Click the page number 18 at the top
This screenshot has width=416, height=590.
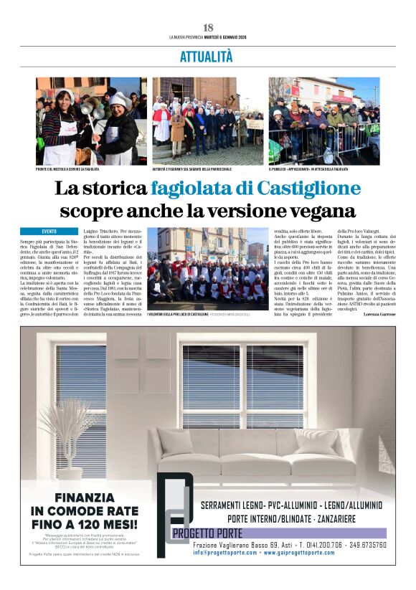click(x=208, y=27)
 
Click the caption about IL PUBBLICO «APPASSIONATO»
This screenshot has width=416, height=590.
click(x=309, y=169)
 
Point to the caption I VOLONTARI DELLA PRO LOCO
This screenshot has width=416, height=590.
click(x=178, y=314)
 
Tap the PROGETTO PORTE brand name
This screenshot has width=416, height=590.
click(x=208, y=533)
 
